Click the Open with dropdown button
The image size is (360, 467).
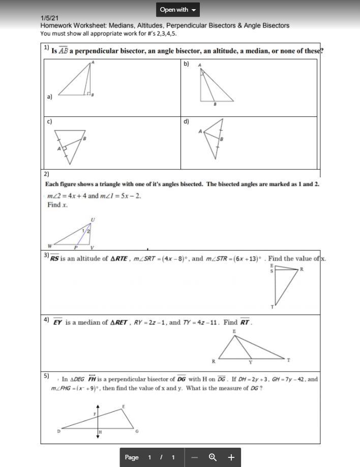(x=177, y=10)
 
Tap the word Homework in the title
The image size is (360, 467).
(x=57, y=25)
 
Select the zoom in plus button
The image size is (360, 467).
(x=231, y=457)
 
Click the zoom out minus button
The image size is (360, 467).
(x=194, y=457)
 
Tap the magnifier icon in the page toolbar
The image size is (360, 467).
(x=213, y=457)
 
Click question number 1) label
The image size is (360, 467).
(x=46, y=47)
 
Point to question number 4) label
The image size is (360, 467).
(x=46, y=320)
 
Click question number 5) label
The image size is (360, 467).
(x=46, y=376)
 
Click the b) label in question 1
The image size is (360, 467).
(x=186, y=64)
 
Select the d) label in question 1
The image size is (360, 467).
(x=186, y=121)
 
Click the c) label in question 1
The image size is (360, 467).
(x=49, y=121)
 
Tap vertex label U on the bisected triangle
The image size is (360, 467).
(x=93, y=220)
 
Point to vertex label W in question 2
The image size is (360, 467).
(x=50, y=245)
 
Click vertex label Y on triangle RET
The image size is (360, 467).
(x=250, y=363)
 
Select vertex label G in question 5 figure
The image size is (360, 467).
(x=136, y=431)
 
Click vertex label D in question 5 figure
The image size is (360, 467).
(x=58, y=431)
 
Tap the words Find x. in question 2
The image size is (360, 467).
(x=57, y=205)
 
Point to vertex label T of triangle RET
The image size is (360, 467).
(x=288, y=360)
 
